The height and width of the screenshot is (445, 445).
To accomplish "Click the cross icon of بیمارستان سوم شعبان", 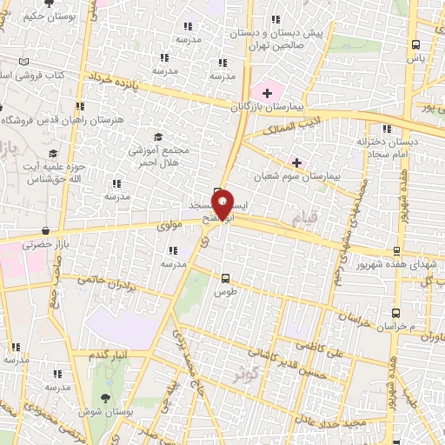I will pos(297,162).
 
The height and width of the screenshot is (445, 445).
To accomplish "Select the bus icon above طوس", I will pos(226,279).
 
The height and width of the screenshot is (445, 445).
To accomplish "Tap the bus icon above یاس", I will pos(417,43).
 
